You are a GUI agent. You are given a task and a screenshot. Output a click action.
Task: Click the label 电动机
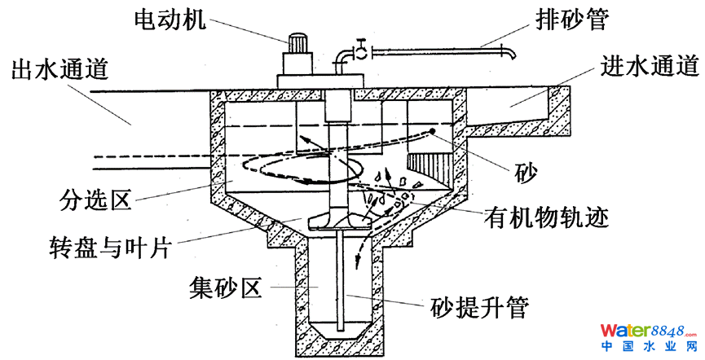coord(165,19)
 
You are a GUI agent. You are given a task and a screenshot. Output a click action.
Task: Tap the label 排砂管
coord(573,19)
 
